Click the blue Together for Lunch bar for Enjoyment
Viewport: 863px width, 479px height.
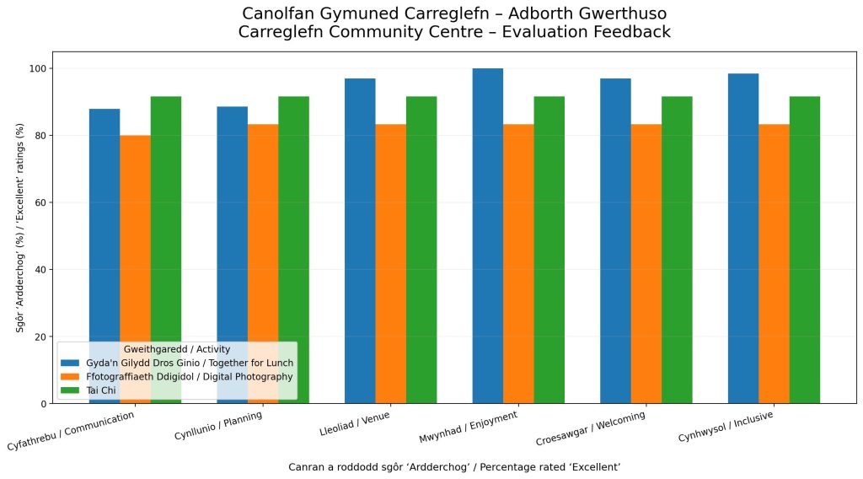coord(488,235)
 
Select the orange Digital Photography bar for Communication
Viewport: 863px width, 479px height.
coord(136,269)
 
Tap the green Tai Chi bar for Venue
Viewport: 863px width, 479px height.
coord(421,250)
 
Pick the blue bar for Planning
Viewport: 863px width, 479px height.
coord(233,255)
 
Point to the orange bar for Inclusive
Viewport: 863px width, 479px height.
coord(774,264)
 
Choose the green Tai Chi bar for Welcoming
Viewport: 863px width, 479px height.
coord(677,250)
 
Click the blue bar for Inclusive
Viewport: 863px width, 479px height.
coord(743,239)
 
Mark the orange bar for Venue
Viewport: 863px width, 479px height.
coord(391,264)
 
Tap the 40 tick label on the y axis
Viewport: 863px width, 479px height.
coord(41,270)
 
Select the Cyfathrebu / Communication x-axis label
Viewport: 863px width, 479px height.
coord(71,431)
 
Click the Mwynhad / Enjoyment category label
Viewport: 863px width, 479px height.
coord(469,427)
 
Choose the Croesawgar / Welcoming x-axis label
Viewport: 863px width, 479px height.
coord(591,428)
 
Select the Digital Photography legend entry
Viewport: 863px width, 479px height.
coord(177,377)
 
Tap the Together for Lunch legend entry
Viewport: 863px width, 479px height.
coord(177,363)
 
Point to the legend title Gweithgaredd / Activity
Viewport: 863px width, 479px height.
coord(177,349)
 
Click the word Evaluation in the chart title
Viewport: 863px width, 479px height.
coord(537,32)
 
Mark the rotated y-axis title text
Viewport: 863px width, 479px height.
coord(20,228)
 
